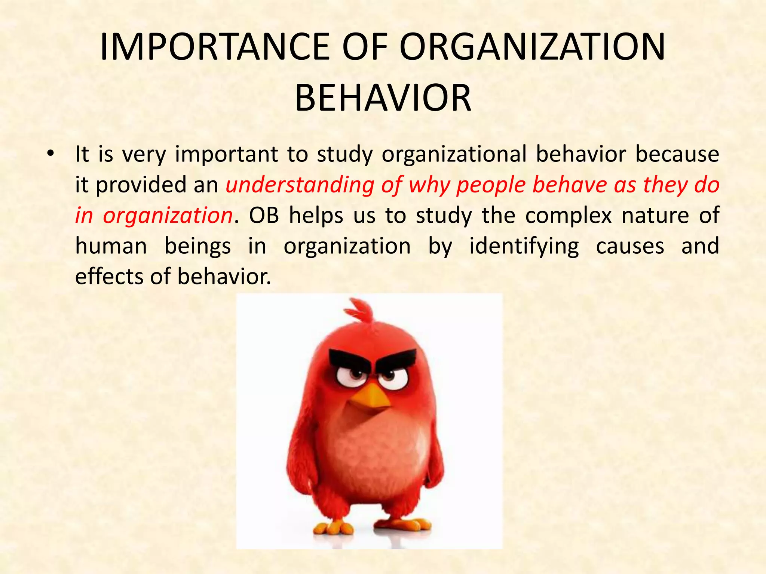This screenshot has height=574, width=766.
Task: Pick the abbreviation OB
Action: tap(264, 216)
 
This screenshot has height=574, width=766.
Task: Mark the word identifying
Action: tap(524, 247)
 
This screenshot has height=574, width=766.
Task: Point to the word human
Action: tap(111, 246)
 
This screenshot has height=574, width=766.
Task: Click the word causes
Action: tap(630, 247)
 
